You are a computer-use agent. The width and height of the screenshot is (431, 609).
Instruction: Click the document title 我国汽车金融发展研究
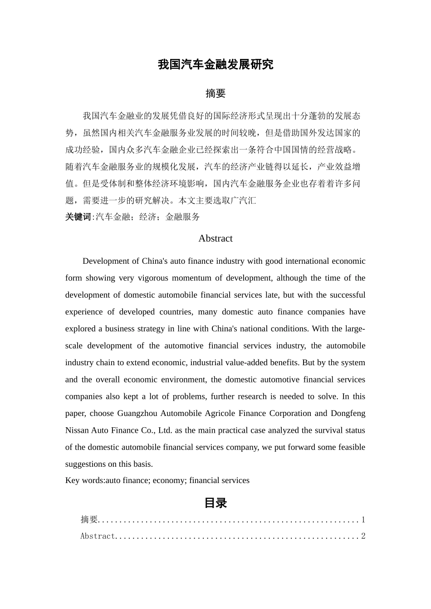pos(215,65)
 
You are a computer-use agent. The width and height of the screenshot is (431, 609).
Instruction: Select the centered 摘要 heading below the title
pos(215,94)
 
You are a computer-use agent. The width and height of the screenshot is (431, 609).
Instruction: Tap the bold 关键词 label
pos(78,217)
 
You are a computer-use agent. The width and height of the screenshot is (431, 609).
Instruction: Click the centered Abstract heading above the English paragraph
pos(215,239)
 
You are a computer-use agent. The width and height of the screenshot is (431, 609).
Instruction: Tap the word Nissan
pos(77,430)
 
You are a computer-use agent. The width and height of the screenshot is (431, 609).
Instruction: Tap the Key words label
pos(85,480)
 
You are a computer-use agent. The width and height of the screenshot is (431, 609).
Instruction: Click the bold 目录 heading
pos(215,503)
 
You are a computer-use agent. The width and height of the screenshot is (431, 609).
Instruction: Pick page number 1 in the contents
pos(363,520)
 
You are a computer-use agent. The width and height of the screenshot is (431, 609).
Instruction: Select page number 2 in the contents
pos(363,536)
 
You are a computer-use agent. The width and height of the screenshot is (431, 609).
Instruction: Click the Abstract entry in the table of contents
pos(98,536)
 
